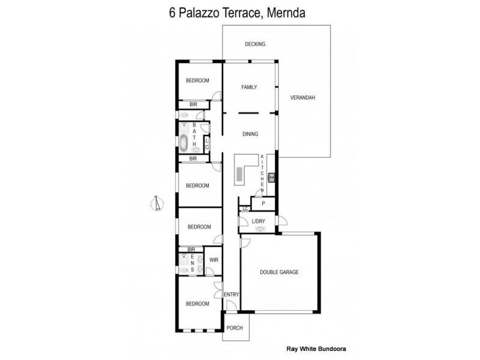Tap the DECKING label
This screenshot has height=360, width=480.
point(255,44)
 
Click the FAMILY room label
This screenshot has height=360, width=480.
point(249,87)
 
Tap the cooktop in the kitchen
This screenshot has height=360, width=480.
point(271,176)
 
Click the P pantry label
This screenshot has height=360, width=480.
point(263,203)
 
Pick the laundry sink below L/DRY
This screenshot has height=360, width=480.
point(259,229)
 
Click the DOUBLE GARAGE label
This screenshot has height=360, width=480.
point(279,272)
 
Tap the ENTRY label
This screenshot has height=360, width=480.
point(231,295)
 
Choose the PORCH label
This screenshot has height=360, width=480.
point(234,328)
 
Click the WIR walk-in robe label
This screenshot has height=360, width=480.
point(214,260)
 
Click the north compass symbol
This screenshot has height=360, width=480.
point(157,204)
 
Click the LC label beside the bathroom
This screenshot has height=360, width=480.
point(207,143)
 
